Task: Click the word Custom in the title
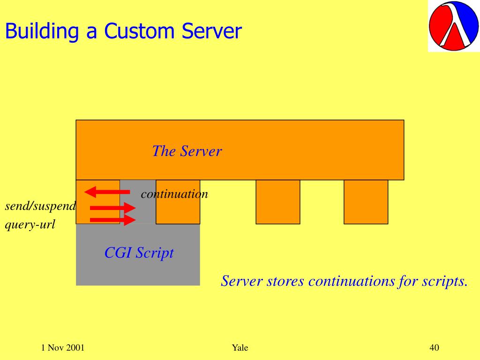[x=140, y=31]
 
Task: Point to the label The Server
[x=187, y=151]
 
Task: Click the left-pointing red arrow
[x=107, y=191]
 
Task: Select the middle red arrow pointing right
[x=112, y=208]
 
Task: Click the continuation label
[x=174, y=194]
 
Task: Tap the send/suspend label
[x=40, y=206]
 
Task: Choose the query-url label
[x=30, y=225]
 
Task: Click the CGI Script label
[x=139, y=253]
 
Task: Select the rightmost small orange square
[x=366, y=202]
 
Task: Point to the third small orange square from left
[x=277, y=202]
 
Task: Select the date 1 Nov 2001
[x=63, y=347]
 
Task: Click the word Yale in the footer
[x=240, y=347]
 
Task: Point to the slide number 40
[x=434, y=347]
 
